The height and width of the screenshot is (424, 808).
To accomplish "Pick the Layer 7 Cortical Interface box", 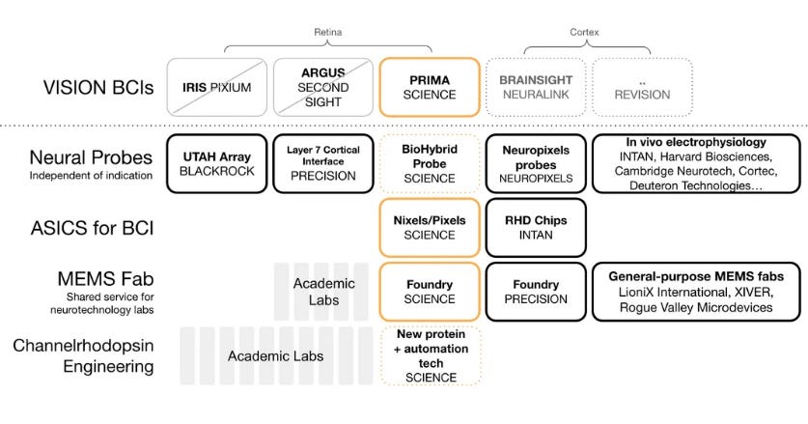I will coord(321,163).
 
